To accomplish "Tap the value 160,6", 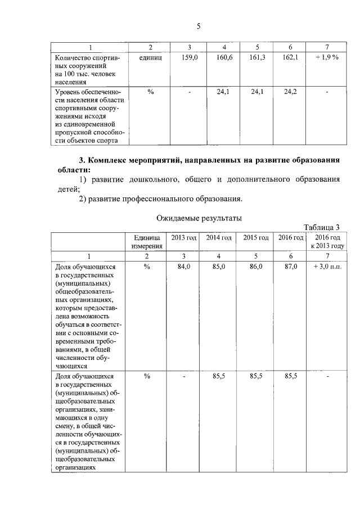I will click(x=224, y=57).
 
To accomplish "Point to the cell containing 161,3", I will click(x=257, y=57).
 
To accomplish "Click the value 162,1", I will click(x=290, y=57).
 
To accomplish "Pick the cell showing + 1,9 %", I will click(x=327, y=57).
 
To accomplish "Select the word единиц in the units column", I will click(x=150, y=57).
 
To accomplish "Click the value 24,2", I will click(x=290, y=91).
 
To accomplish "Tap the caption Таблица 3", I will click(x=322, y=227).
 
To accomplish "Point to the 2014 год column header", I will click(x=219, y=238).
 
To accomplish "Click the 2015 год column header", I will click(x=256, y=238).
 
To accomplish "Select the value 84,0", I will click(x=184, y=267).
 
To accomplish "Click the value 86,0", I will click(x=256, y=267).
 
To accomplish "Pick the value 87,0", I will click(x=290, y=267).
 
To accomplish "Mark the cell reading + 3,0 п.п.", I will click(x=327, y=267).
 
